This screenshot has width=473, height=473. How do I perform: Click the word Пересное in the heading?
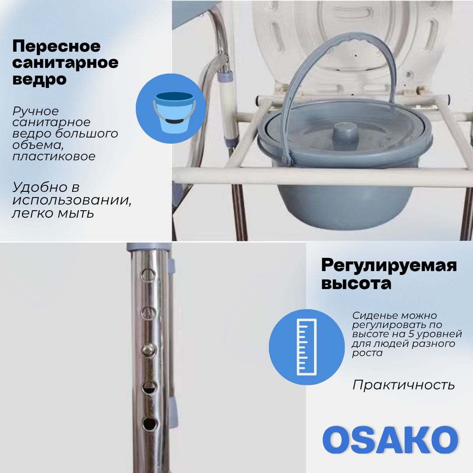pyautogui.click(x=56, y=46)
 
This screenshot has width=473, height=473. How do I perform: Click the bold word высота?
pyautogui.click(x=356, y=283)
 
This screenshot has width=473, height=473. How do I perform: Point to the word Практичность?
pyautogui.click(x=403, y=385)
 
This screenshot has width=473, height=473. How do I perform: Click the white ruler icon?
pyautogui.click(x=307, y=347)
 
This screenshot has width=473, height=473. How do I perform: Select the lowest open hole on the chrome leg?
pyautogui.click(x=150, y=424)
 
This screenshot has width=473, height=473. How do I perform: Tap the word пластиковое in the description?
pyautogui.click(x=54, y=156)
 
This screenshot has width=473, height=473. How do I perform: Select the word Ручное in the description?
pyautogui.click(x=35, y=111)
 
